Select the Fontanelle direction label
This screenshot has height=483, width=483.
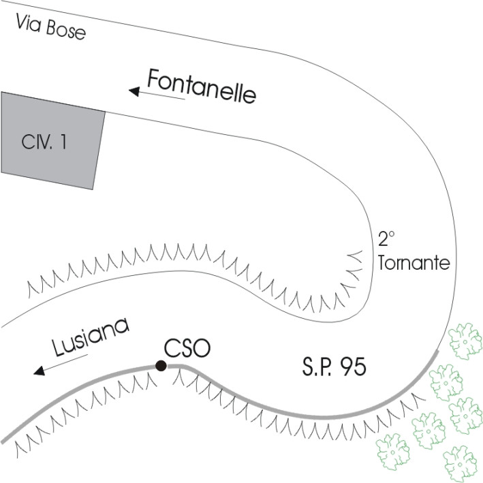point(202,87)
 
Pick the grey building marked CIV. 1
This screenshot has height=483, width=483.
point(52,141)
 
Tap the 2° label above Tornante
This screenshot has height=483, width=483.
point(386,240)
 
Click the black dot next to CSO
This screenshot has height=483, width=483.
point(161,367)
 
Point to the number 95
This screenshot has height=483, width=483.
point(353,369)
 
